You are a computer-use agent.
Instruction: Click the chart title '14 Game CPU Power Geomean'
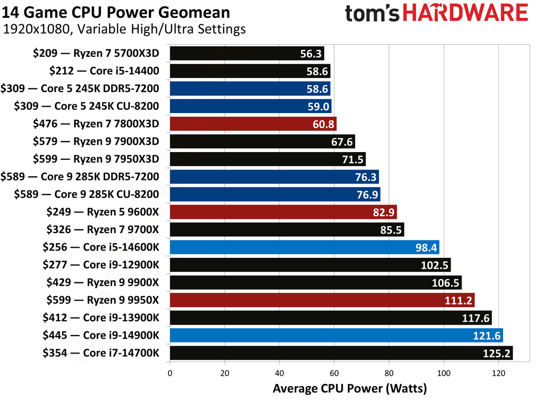point(116,12)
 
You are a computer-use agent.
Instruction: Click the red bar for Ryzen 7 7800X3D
point(253,124)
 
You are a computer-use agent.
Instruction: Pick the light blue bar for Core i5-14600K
point(304,247)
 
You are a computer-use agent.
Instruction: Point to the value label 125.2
point(497,353)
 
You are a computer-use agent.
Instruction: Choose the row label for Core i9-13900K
point(101,318)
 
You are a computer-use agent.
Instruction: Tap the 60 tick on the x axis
point(334,373)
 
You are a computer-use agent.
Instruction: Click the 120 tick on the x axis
point(498,373)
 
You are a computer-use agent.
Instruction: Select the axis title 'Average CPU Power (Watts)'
point(350,389)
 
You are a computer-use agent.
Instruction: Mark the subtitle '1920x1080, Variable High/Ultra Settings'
point(124,29)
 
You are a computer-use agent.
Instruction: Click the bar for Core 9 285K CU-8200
point(274,195)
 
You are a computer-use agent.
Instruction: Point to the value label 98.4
point(424,248)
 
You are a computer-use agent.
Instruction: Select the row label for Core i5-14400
point(104,71)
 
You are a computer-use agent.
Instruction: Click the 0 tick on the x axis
point(170,373)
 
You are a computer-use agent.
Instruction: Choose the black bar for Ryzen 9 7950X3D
point(267,159)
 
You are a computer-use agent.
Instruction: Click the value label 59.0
point(317,107)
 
